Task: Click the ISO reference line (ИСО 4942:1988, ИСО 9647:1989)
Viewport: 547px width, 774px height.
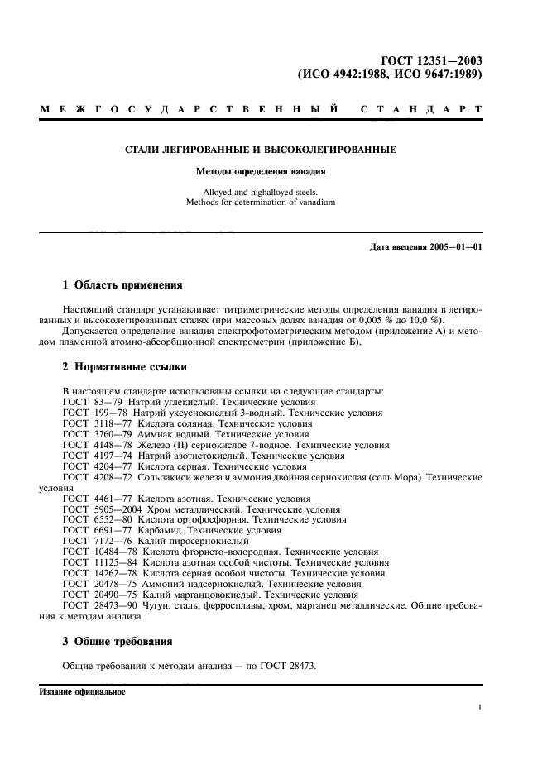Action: [389, 74]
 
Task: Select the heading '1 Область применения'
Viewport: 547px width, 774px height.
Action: [122, 285]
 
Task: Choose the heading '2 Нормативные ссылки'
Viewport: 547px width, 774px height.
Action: [125, 366]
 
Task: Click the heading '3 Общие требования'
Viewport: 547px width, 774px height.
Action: [118, 642]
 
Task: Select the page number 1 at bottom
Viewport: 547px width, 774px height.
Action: [479, 708]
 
